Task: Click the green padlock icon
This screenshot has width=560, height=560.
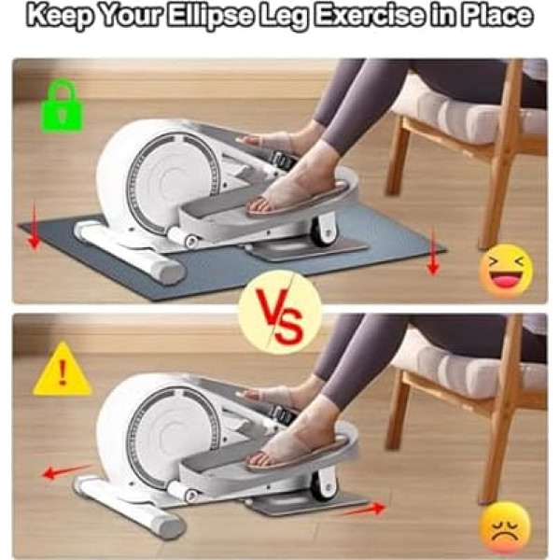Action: point(63,106)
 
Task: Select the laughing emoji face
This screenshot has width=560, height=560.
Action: point(506,272)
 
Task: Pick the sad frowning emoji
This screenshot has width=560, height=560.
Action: point(505,528)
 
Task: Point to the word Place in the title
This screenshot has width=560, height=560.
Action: point(498,15)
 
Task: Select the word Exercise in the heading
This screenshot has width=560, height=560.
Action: point(369,15)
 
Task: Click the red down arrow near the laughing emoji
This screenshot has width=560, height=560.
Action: point(433,253)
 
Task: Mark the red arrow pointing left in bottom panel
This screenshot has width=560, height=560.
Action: point(67,471)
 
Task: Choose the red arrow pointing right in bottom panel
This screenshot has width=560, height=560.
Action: point(362,510)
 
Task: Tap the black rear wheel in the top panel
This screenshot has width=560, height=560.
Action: point(322,230)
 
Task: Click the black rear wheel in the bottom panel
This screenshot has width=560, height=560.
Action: point(323,483)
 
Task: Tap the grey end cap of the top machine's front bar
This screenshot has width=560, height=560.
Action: point(172,273)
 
